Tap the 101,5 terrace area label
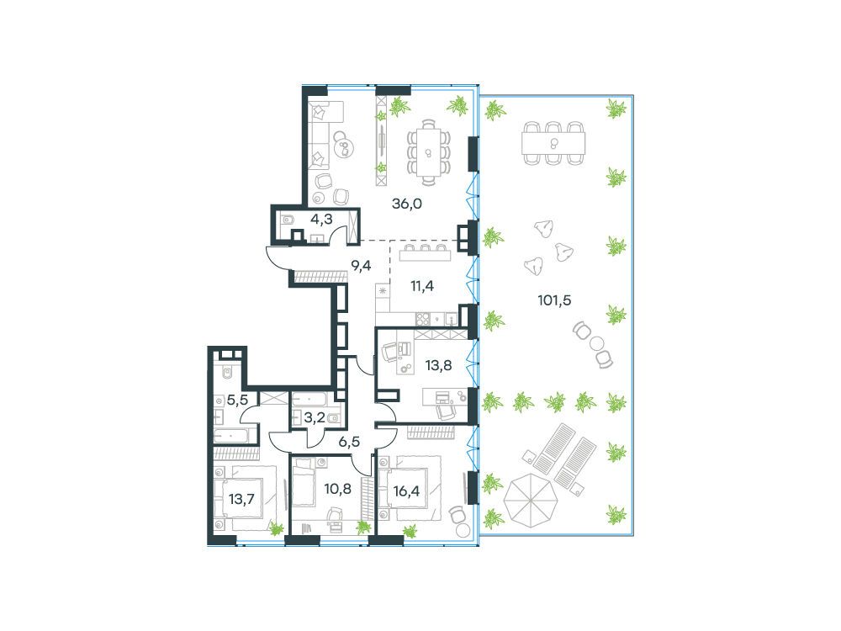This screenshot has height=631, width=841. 554,300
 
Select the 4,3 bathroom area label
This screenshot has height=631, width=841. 321,219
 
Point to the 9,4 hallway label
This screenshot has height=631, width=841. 361,264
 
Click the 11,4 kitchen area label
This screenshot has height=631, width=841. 422,286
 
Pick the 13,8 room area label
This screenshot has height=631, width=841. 438,366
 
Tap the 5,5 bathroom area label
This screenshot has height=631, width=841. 237,400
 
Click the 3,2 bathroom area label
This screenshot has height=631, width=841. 315,417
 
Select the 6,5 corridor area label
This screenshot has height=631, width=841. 349,443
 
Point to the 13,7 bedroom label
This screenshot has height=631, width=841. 241,499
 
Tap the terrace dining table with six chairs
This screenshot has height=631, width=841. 553,143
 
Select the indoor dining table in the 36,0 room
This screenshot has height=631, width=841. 428,152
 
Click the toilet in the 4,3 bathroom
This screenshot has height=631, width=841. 288,219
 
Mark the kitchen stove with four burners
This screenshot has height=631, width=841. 423,319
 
